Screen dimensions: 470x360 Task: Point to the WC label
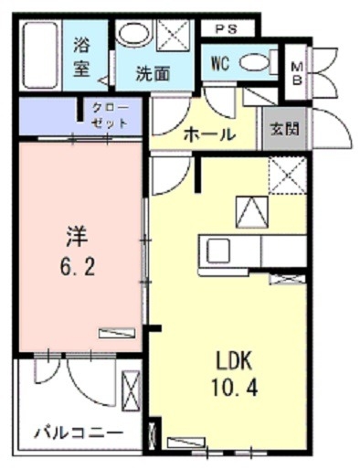pos(218,63)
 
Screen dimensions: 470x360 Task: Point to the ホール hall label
pos(208,134)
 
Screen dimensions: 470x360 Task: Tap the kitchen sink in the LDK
pos(220,250)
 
